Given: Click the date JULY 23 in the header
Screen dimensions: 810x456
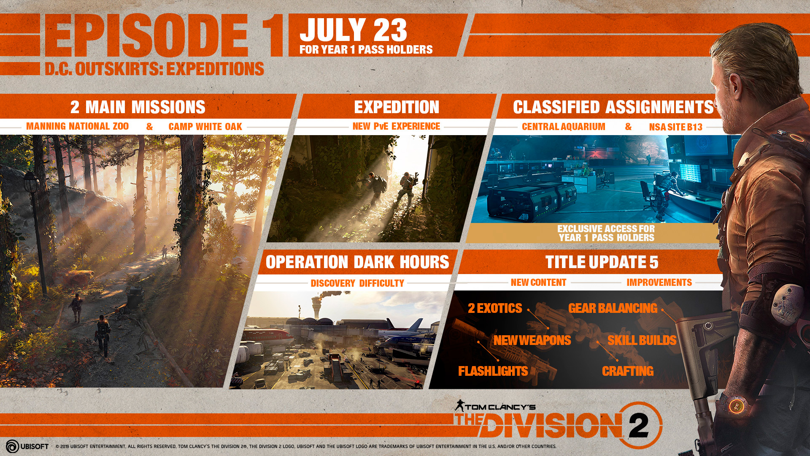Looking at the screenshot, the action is click(x=353, y=30).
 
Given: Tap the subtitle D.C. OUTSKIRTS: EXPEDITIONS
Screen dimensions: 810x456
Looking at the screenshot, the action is click(x=154, y=69).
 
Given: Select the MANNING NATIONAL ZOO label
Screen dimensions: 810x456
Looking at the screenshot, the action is click(x=77, y=126).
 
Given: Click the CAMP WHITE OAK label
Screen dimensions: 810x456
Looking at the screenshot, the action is click(x=205, y=127).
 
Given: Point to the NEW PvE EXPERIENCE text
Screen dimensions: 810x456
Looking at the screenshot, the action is click(x=396, y=126).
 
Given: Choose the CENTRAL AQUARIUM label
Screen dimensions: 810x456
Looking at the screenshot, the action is click(x=563, y=127).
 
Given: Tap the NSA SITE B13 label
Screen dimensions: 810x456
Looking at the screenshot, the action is click(x=675, y=127).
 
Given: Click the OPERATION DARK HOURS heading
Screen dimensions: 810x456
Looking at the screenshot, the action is click(x=357, y=262).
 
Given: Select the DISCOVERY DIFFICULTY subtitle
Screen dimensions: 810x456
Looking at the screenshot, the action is click(x=357, y=283).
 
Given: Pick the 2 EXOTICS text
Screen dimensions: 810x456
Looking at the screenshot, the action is click(x=495, y=308).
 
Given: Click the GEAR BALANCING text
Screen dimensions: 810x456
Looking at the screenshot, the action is click(x=613, y=308).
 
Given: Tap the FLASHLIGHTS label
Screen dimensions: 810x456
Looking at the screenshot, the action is click(x=493, y=371).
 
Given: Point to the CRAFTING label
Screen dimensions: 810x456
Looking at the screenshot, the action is click(x=627, y=371).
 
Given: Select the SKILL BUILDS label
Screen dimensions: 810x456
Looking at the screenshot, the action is click(x=642, y=340).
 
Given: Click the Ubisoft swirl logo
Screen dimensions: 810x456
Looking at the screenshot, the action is click(x=12, y=446).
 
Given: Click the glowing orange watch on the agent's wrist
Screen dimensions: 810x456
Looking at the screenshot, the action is click(x=737, y=406).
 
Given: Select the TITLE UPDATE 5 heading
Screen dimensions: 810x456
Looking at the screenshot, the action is click(x=602, y=262).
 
